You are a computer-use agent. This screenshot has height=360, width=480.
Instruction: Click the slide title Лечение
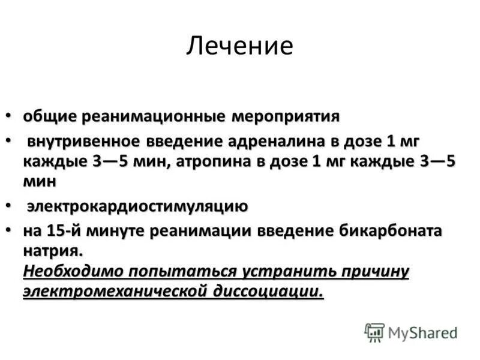(239, 46)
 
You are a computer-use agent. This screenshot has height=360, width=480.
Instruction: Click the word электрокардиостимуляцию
(137, 207)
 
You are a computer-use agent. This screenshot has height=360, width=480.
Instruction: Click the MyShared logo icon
(374, 332)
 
